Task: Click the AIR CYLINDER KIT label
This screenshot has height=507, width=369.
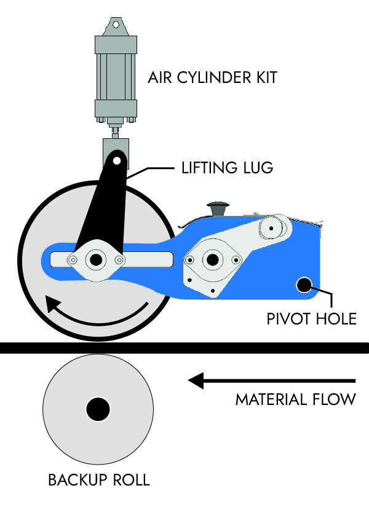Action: [x=212, y=78]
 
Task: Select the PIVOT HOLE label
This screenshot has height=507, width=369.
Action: [x=311, y=318]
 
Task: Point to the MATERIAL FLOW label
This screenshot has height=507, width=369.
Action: [x=295, y=399]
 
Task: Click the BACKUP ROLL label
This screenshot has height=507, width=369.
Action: [x=98, y=480]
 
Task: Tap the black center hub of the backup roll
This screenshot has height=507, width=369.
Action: [x=98, y=408]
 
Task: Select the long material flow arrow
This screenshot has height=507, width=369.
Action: [x=271, y=381]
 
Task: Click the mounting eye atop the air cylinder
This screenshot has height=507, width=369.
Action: [x=115, y=25]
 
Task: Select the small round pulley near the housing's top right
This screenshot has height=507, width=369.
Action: [x=269, y=229]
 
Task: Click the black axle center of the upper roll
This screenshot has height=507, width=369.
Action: [x=96, y=260]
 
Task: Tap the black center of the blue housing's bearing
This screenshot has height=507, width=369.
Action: [x=212, y=260]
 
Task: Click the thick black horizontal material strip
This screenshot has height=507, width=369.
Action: [x=184, y=348]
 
